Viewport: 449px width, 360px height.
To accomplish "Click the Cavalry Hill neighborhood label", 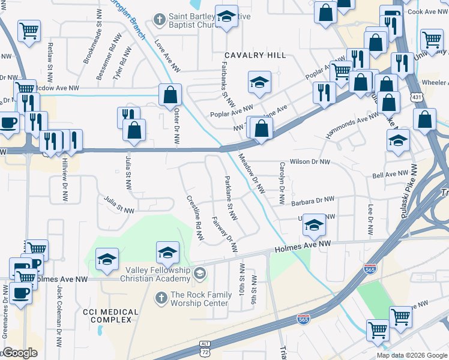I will (x=255, y=55).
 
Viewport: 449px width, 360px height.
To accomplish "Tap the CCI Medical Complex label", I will (x=110, y=316).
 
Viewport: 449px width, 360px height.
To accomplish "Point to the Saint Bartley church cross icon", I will (x=160, y=19).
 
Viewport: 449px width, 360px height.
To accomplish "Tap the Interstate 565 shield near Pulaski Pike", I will (x=370, y=269).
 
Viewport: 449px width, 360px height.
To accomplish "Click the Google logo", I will (x=20, y=353).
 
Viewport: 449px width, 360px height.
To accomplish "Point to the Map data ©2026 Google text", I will (x=412, y=355).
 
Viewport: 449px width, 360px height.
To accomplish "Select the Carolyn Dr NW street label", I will (x=281, y=184).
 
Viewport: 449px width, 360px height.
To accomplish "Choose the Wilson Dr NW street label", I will (x=310, y=162).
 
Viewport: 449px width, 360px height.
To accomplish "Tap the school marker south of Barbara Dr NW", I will (x=313, y=226).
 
